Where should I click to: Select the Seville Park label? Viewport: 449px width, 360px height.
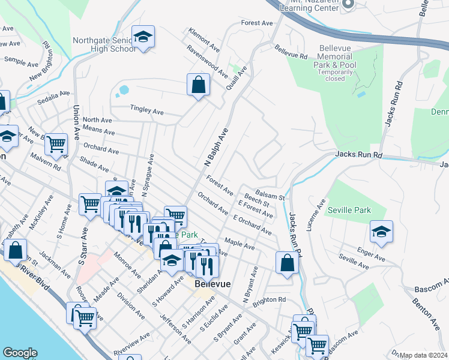pos(349,210)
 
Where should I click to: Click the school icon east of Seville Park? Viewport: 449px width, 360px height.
pos(381,233)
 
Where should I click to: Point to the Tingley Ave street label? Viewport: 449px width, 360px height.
pos(147,112)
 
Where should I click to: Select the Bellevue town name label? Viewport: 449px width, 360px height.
pos(212,284)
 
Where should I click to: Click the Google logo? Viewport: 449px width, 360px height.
pos(20,353)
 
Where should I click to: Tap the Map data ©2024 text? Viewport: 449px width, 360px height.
pos(423,355)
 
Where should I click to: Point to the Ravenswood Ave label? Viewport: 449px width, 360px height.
pos(207,62)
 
